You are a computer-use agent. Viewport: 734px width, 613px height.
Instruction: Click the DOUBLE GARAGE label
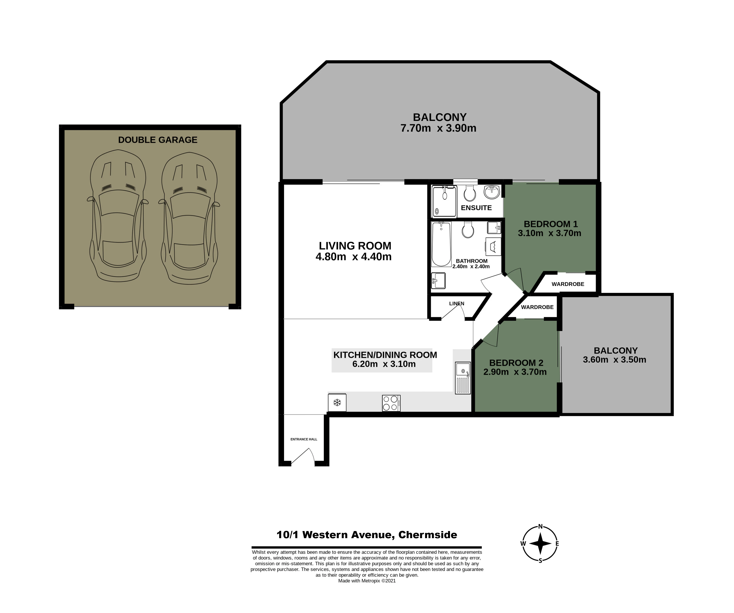(x=158, y=140)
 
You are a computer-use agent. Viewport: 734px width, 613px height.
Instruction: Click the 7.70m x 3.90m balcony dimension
(x=438, y=128)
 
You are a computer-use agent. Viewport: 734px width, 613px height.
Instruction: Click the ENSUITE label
(x=476, y=208)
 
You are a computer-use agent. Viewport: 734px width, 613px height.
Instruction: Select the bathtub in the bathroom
(x=441, y=244)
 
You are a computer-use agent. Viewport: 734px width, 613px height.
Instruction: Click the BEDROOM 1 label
(x=550, y=224)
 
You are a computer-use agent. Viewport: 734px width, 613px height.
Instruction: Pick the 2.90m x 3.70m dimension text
(x=515, y=372)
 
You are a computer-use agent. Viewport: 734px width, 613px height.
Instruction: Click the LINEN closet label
(x=456, y=303)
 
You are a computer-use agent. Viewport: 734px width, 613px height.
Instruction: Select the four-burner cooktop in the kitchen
(x=391, y=403)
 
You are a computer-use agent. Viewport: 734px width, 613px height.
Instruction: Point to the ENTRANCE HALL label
(x=304, y=439)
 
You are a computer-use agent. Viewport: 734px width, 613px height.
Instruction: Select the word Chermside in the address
(x=427, y=535)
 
